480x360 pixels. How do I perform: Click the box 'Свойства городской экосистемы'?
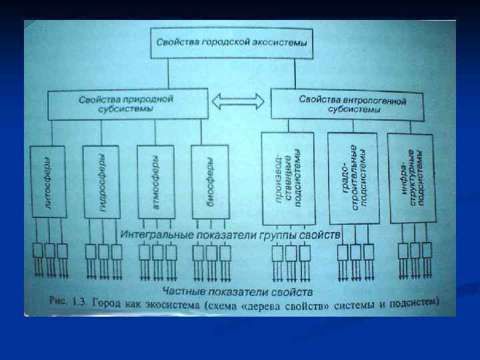coord(232,42)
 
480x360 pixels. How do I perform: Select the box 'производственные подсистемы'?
coord(288,179)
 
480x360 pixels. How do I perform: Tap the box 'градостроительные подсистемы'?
coord(353,179)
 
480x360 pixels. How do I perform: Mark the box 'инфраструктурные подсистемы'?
coord(413,179)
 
